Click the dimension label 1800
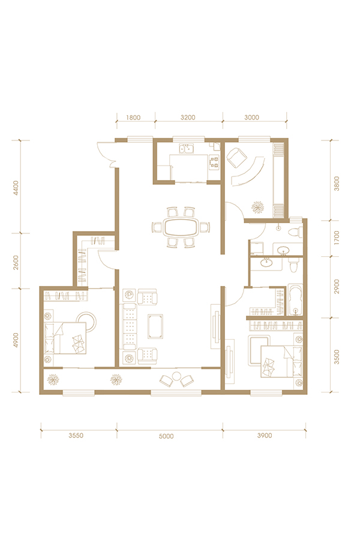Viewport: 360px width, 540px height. (x=133, y=118)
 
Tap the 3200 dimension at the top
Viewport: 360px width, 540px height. (x=188, y=118)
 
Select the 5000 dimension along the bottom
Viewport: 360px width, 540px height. (x=166, y=436)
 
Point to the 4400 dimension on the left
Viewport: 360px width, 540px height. (x=16, y=188)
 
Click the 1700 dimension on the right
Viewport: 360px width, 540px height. (x=337, y=238)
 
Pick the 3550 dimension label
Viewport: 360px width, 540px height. (x=76, y=436)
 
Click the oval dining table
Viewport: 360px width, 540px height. (x=181, y=227)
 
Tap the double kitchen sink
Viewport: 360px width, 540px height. (x=187, y=149)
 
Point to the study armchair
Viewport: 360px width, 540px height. (x=236, y=157)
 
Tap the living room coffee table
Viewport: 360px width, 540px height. (x=155, y=326)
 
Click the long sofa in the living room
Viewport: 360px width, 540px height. (x=130, y=326)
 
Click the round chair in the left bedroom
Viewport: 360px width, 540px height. (x=88, y=322)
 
